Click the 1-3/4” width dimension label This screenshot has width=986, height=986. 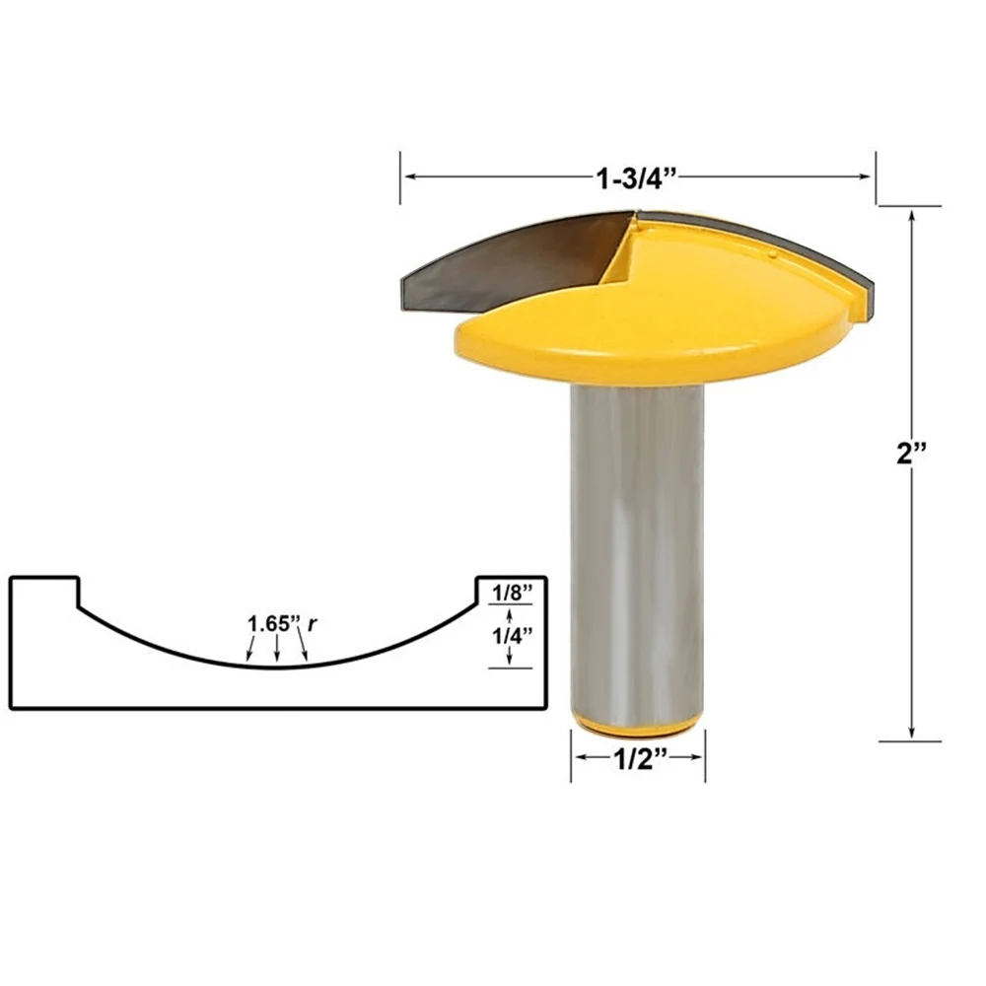click(x=636, y=177)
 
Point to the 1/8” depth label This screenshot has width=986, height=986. click(x=513, y=593)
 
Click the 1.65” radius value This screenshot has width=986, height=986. click(x=273, y=623)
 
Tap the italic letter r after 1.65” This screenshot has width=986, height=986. click(x=312, y=623)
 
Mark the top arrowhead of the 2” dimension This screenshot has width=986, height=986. click(x=911, y=214)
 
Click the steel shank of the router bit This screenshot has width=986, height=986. click(x=636, y=542)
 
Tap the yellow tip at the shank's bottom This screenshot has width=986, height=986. click(x=638, y=725)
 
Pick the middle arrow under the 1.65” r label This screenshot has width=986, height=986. click(x=278, y=649)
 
